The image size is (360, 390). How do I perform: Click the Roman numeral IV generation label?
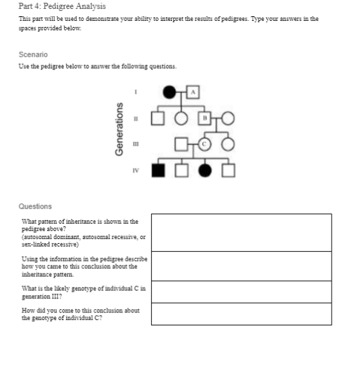(x=136, y=169)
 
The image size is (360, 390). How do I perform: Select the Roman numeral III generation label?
(x=136, y=143)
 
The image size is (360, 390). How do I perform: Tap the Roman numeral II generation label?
(x=136, y=119)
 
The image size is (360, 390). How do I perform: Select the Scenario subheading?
(x=34, y=54)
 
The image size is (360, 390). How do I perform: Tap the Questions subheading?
(x=35, y=206)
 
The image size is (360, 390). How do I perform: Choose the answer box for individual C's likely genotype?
(x=241, y=292)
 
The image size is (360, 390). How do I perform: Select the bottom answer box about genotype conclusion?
(x=241, y=314)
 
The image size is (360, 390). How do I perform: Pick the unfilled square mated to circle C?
(x=181, y=143)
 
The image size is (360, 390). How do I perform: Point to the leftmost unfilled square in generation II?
(x=157, y=119)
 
